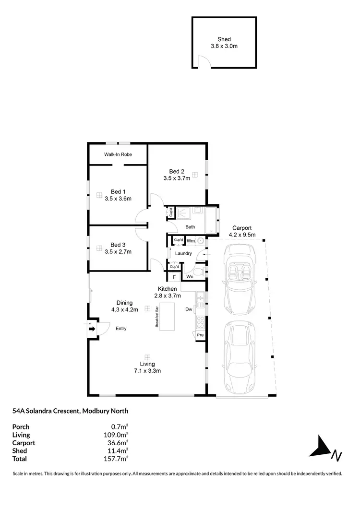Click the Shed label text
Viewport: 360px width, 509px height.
(x=224, y=39)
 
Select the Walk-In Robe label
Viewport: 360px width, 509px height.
(x=118, y=154)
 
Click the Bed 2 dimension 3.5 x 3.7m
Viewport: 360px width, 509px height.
(x=177, y=178)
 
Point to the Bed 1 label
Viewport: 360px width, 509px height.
(x=118, y=191)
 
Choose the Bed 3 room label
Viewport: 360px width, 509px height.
(x=118, y=244)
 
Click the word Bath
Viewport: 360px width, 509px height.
(x=190, y=227)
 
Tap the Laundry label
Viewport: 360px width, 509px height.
(x=183, y=253)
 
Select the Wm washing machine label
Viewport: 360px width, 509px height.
(x=191, y=240)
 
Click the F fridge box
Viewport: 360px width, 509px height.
(x=174, y=277)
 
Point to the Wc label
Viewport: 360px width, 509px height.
(x=190, y=277)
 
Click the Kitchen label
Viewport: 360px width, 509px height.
(x=168, y=289)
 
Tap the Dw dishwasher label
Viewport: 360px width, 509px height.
(x=189, y=309)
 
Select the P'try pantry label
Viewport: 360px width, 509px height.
(x=200, y=335)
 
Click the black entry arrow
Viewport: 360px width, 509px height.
(x=92, y=329)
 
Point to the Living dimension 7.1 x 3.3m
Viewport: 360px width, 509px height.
(x=147, y=370)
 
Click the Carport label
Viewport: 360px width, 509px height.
(x=242, y=228)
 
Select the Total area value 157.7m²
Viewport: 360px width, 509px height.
(x=119, y=459)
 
